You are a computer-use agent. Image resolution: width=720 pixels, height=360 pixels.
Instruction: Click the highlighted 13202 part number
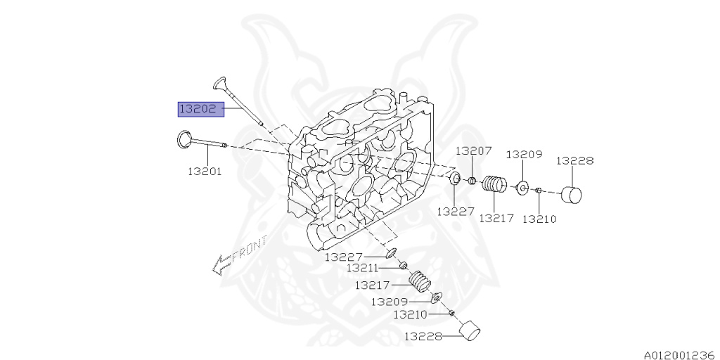[200, 109]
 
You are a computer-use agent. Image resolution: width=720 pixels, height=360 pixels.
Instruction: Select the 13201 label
[205, 171]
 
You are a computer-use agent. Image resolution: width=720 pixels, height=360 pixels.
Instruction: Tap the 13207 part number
[473, 151]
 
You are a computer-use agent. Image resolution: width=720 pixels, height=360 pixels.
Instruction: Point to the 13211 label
[362, 268]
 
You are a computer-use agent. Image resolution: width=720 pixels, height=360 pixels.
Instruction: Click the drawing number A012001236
[678, 354]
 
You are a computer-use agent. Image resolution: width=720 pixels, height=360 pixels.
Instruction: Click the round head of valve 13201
[184, 139]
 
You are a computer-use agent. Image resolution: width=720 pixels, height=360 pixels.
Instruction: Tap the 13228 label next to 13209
[575, 160]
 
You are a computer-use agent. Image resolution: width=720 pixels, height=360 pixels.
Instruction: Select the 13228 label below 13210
[423, 337]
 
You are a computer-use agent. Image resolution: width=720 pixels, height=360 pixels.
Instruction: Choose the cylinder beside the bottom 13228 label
[470, 331]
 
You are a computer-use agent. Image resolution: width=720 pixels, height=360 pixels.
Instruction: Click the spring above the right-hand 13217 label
[495, 185]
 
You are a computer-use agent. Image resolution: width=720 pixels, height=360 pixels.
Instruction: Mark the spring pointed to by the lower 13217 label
[420, 281]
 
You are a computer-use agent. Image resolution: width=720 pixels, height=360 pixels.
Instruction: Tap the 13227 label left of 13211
[343, 257]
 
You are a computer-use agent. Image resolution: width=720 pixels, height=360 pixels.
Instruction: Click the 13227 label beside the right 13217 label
[455, 210]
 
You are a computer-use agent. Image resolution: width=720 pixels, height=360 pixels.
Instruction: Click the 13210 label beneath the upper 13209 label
[539, 219]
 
